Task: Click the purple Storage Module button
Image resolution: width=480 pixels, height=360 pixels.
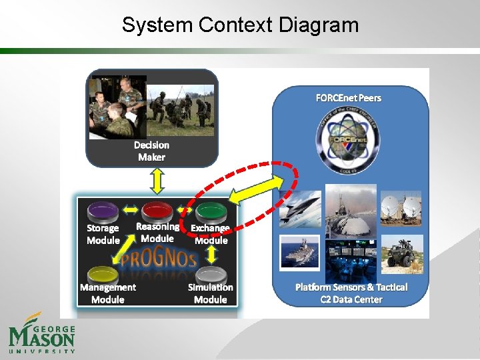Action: pos(103,211)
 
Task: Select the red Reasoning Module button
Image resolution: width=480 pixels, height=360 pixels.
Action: pos(157,210)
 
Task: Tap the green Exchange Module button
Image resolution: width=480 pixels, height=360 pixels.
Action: pos(211,211)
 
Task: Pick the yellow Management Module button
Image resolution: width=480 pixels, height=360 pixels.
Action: pos(103,273)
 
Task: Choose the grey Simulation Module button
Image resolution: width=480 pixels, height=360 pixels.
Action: pos(211,273)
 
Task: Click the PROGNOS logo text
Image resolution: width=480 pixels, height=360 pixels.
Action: pos(158,257)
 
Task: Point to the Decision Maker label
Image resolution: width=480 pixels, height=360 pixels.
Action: pos(151,151)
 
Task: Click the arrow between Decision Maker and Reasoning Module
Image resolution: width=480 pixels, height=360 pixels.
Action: pos(157,181)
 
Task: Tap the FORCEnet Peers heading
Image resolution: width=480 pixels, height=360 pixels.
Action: pos(348,98)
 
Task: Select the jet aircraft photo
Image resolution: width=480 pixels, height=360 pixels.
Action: pos(300,209)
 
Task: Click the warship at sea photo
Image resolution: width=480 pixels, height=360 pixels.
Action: pos(300,252)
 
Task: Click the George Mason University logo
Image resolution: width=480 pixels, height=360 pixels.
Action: pos(41,333)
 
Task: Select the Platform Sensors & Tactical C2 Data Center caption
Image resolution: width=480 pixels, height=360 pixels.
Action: pos(351,293)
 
